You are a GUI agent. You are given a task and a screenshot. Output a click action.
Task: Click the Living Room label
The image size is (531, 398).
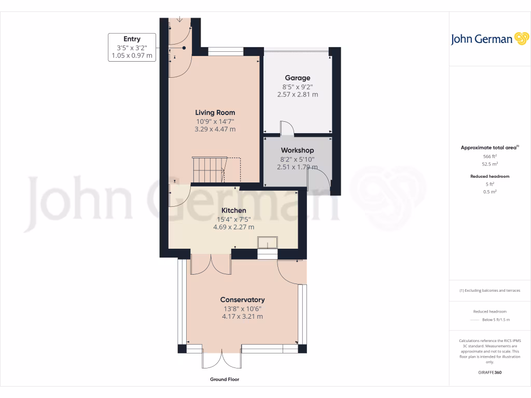pos(215,112)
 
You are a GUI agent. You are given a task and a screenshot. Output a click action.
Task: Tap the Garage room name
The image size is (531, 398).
pos(297,78)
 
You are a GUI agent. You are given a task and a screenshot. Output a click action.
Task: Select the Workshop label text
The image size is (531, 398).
pos(297,150)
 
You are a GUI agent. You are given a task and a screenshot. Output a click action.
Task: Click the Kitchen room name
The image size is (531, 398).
pos(233,210)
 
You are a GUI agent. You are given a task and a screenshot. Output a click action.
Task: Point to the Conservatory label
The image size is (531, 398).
pos(242,300)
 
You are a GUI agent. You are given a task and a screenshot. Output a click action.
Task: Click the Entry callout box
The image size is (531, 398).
pos(132,47)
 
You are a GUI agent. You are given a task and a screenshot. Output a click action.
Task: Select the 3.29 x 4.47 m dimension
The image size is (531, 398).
pos(215,129)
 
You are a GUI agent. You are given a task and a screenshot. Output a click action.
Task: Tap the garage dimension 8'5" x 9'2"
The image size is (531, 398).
pos(297,87)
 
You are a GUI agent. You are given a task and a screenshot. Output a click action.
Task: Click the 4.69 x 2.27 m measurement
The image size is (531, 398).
pos(233,226)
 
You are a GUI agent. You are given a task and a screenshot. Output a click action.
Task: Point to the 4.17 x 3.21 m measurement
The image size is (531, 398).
pos(242,316)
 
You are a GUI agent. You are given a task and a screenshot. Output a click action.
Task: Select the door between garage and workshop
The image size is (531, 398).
pos(287,129)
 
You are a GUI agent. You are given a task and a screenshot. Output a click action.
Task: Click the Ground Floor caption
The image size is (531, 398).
pos(225,379)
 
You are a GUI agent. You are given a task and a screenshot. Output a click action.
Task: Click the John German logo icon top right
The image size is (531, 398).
pos(521,39)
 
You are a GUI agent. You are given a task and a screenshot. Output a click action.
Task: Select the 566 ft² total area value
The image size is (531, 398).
pos(490,156)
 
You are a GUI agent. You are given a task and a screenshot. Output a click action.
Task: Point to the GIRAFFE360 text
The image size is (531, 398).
pos(490,372)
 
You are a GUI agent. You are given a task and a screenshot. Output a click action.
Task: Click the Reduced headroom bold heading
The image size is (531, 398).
pos(490,176)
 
